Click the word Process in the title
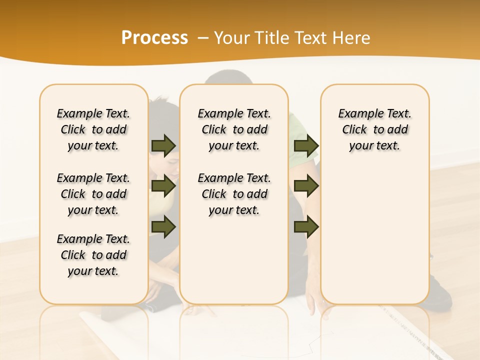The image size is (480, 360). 154,37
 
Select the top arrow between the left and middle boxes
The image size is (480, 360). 163,145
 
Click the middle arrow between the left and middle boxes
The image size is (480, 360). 163,186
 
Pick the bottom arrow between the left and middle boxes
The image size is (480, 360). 163,226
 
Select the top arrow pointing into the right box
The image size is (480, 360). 306,145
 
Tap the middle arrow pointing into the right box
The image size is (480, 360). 306,186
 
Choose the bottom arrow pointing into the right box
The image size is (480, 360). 306,226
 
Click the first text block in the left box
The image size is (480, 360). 93,129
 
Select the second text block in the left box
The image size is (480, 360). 93,194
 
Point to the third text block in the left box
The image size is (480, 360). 93,255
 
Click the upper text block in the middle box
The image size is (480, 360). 234,129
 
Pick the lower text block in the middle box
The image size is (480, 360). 234,194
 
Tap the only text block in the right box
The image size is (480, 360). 374,129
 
